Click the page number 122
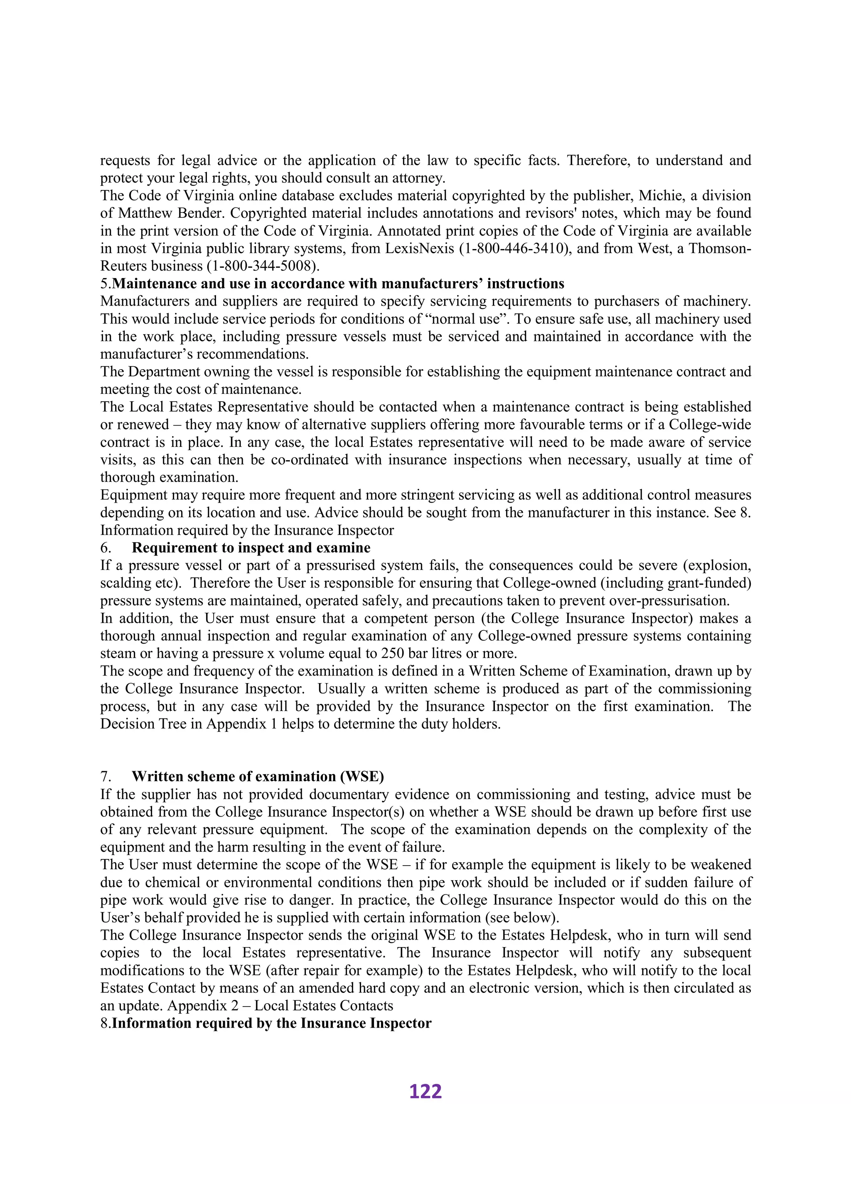coord(425,1091)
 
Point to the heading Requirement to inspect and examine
coord(251,548)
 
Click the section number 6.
coord(105,548)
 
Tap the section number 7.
coord(105,777)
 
